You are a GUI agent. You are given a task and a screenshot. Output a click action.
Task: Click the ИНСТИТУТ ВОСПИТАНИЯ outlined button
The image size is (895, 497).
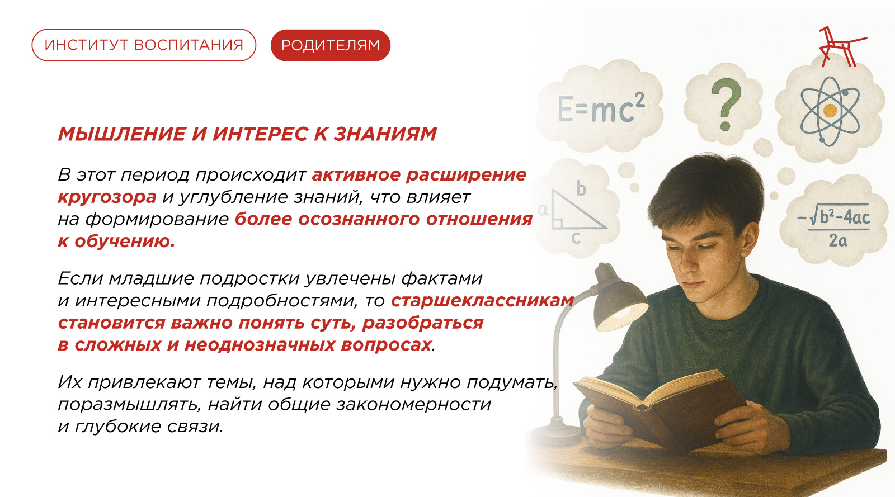(144, 45)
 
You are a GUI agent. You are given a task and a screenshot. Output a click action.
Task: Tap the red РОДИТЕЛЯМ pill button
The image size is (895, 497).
(331, 45)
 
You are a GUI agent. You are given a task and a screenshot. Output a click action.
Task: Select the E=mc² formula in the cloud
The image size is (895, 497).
(601, 108)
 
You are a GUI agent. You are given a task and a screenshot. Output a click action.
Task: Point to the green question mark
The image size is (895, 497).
(726, 105)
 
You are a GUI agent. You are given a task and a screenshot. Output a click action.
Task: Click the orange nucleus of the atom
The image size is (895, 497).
(830, 110)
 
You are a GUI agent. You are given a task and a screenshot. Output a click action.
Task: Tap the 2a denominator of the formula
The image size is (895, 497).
(837, 241)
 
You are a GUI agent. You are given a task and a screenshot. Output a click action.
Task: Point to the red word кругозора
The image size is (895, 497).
(107, 197)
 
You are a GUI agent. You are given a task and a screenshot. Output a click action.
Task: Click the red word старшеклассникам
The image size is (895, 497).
(483, 300)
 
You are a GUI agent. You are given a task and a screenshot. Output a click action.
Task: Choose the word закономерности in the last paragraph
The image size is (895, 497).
(413, 404)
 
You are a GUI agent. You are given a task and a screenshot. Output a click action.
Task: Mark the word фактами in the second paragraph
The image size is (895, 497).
(441, 278)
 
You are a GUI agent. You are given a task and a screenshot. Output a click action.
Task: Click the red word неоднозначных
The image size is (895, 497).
(260, 345)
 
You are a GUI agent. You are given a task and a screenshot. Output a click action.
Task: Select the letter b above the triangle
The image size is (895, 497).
(581, 188)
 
